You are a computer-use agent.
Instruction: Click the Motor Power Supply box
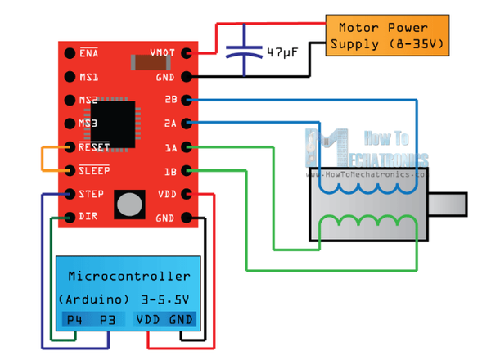coord(387,35)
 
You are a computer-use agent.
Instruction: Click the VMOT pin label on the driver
coord(163,53)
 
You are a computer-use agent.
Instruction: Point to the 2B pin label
coord(170,101)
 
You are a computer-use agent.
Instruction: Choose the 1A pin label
coord(170,148)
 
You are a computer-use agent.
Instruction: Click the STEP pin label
coord(91,195)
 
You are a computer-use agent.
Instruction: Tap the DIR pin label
coord(88,218)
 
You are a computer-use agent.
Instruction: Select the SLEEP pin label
coord(94,171)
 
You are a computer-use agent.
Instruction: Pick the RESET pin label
coord(94,148)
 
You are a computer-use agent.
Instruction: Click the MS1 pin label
coord(88,77)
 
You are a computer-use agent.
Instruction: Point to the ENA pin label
coord(88,53)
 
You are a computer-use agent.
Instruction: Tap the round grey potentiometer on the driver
coord(128,205)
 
